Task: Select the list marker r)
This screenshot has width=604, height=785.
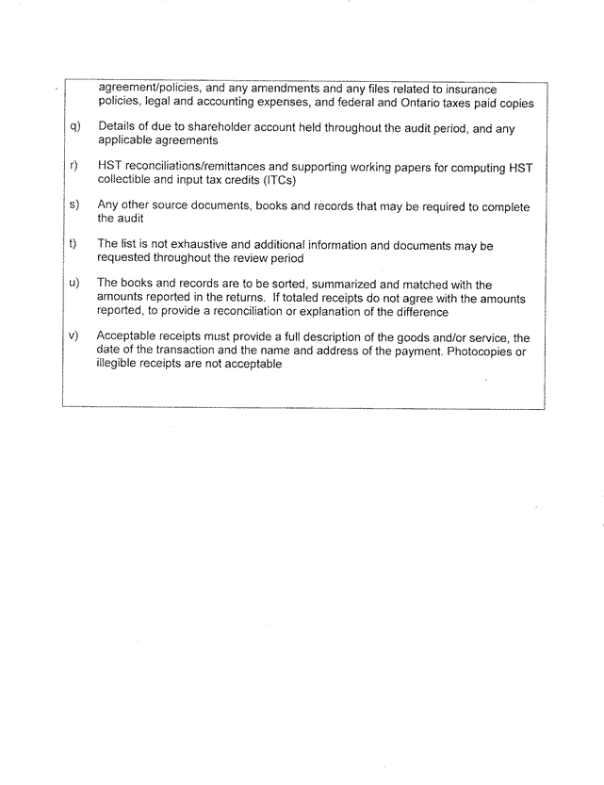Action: coord(73,167)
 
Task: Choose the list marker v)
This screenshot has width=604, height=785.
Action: coord(74,337)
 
